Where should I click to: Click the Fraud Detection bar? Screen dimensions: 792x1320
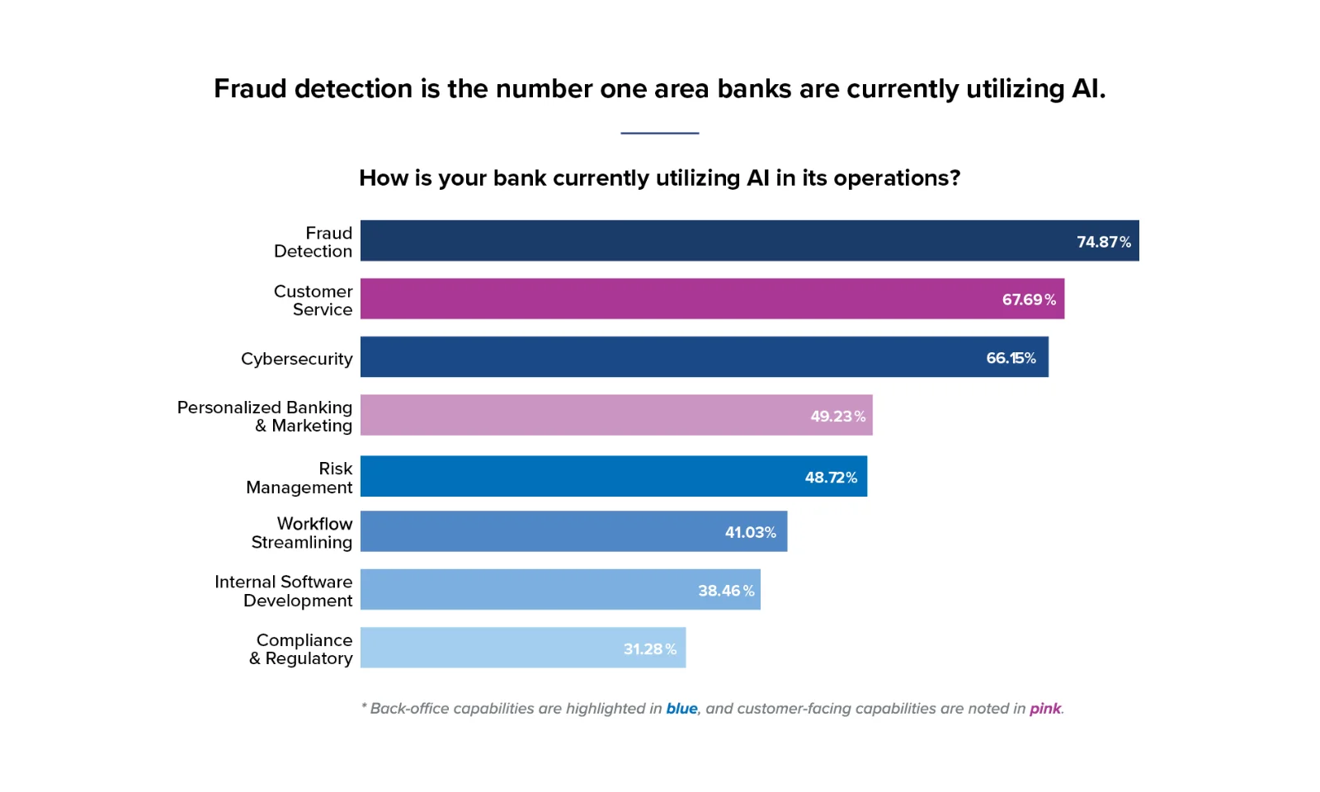[x=749, y=241]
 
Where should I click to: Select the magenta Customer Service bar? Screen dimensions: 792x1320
[x=712, y=299]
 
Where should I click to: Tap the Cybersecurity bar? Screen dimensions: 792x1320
[x=704, y=356]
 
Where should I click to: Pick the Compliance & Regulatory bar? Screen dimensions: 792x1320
[x=523, y=648]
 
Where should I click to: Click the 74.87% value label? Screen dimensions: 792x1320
[x=1103, y=242]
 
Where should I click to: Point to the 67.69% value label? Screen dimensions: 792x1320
[x=1029, y=299]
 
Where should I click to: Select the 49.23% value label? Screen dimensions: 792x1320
[x=837, y=416]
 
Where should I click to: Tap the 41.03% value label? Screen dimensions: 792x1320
[x=750, y=532]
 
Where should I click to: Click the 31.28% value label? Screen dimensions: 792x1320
[x=649, y=649]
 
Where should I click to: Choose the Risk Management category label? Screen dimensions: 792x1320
[x=299, y=478]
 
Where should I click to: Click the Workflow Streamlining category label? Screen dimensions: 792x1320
[x=302, y=533]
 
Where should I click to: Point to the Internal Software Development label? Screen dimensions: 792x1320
[x=284, y=591]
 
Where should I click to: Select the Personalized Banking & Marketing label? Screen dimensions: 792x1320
[x=265, y=417]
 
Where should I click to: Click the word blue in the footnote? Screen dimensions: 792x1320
[x=681, y=709]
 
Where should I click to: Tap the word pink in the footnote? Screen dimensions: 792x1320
[x=1044, y=709]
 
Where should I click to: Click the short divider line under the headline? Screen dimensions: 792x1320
[x=659, y=133]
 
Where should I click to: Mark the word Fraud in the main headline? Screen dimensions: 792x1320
[x=251, y=88]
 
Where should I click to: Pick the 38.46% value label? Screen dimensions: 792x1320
[x=726, y=591]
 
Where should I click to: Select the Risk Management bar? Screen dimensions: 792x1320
[x=613, y=476]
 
